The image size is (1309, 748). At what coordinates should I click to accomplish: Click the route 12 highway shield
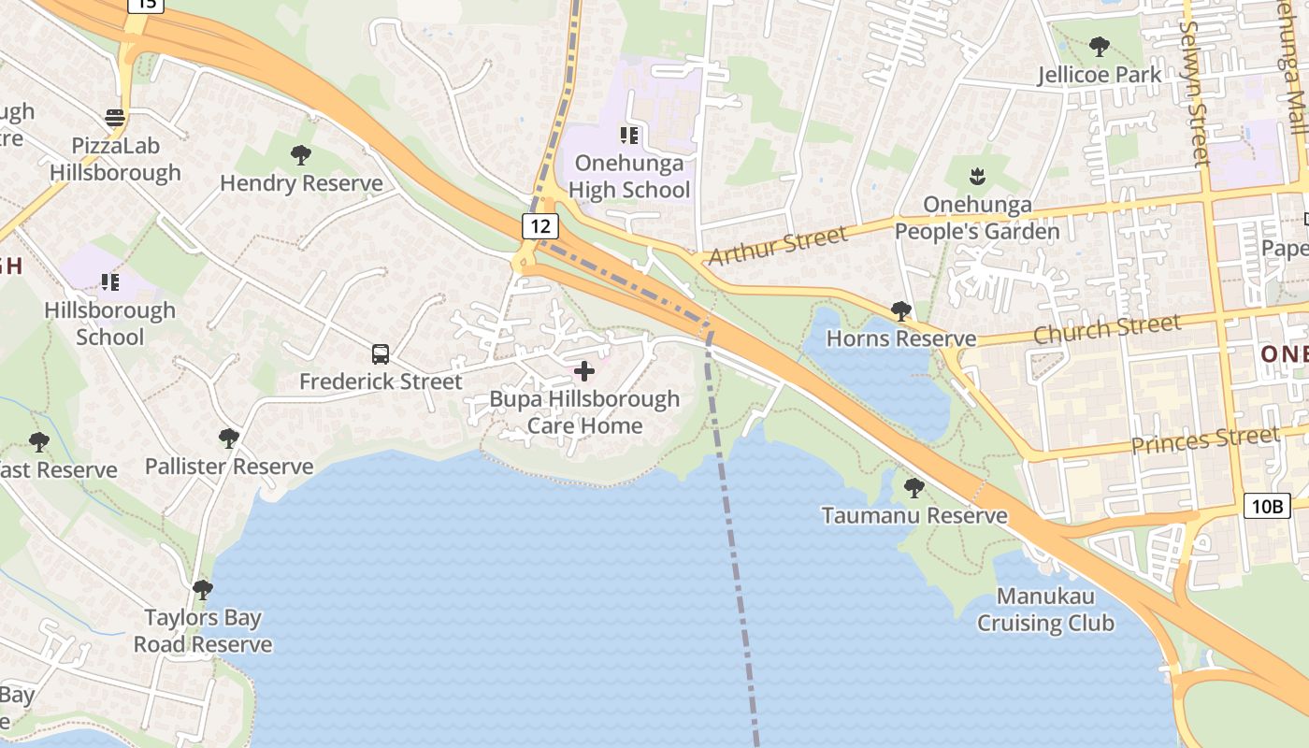click(540, 225)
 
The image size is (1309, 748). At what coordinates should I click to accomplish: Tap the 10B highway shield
click(1267, 507)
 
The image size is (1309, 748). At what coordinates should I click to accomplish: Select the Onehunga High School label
click(628, 177)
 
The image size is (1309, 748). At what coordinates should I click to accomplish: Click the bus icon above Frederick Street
click(381, 354)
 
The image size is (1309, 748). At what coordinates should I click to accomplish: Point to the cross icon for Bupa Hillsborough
click(584, 371)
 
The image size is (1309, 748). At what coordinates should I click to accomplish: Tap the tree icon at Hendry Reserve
click(301, 154)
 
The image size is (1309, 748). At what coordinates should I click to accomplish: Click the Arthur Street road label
click(778, 244)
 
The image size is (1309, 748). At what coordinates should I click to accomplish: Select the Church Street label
click(1106, 329)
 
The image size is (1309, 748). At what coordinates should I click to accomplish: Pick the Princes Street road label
click(1204, 439)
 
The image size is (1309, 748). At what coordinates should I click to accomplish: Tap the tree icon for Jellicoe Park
click(1100, 46)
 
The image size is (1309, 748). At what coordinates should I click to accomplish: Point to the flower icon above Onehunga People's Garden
click(977, 175)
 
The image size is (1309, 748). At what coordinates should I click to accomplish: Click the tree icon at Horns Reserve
click(901, 310)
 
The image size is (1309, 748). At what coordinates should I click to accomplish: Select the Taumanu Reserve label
click(914, 515)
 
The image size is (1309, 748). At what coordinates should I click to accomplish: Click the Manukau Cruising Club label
click(1045, 610)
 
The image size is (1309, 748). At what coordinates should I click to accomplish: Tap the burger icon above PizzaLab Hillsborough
click(115, 118)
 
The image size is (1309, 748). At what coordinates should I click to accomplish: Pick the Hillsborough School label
click(110, 324)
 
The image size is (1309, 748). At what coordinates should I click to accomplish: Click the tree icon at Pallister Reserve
click(229, 438)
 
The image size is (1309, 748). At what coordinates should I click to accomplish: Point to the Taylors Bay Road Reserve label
click(203, 631)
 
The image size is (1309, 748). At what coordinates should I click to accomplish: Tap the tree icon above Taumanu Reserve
click(914, 487)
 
